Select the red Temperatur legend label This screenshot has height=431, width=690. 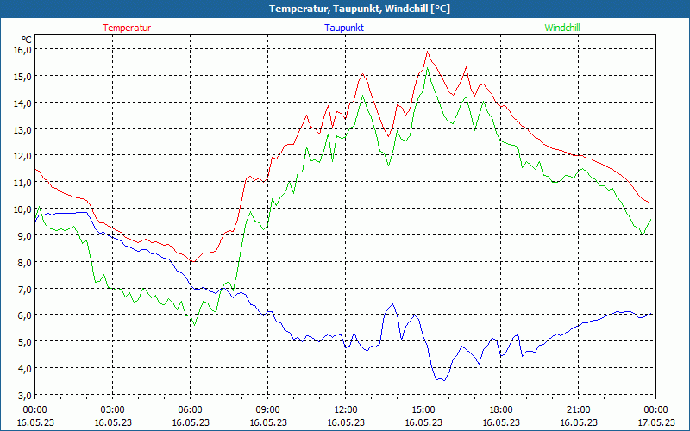click(x=127, y=28)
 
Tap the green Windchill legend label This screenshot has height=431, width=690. click(x=562, y=28)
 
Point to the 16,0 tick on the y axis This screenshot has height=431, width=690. click(x=22, y=49)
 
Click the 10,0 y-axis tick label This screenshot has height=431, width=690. click(x=22, y=209)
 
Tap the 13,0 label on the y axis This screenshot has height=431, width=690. click(x=22, y=129)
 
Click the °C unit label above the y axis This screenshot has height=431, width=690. click(x=27, y=40)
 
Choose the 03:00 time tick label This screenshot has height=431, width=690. click(x=113, y=409)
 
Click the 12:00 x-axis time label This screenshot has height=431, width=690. click(x=346, y=409)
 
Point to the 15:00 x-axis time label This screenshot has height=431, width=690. click(x=423, y=409)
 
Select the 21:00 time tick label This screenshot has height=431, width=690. click(x=579, y=409)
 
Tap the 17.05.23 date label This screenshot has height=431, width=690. click(x=655, y=422)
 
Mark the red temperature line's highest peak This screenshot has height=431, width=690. click(x=427, y=51)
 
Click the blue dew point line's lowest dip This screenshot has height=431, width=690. click(x=440, y=380)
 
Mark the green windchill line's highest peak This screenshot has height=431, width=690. click(x=428, y=67)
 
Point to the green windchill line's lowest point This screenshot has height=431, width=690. click(x=194, y=325)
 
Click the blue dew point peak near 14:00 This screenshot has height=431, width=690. click(x=392, y=304)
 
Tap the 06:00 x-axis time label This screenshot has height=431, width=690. click(x=191, y=409)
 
